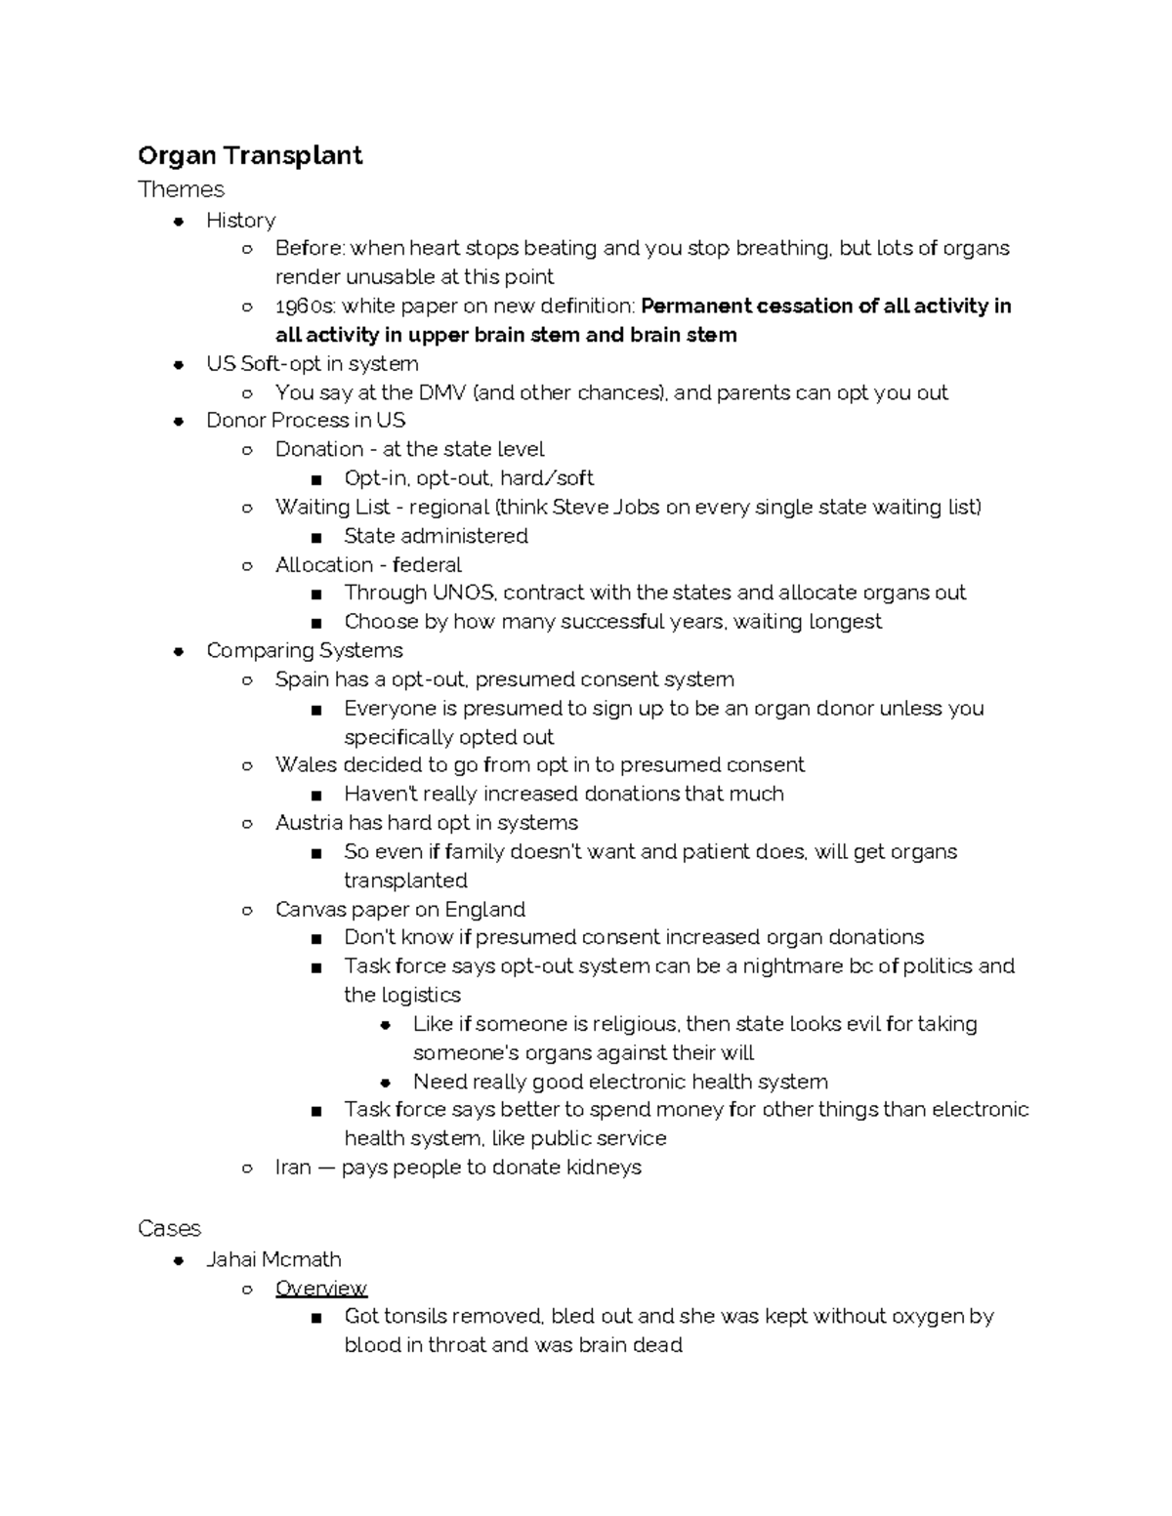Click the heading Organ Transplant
coord(250,156)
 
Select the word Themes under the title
coord(181,189)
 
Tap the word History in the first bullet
coord(240,221)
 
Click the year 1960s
coord(305,307)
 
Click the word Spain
coord(302,680)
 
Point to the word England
coord(485,910)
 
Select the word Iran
coord(293,1168)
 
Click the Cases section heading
coord(169,1229)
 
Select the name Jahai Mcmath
coord(273,1260)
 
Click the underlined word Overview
coord(320,1289)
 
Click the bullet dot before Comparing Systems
coord(179,652)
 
